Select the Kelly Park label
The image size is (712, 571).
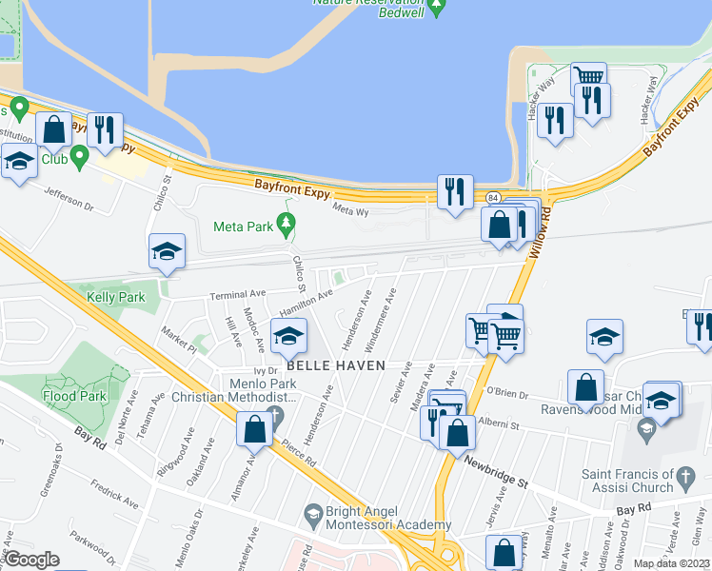click(115, 297)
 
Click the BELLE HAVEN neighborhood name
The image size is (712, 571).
click(336, 365)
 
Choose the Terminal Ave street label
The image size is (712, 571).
click(238, 295)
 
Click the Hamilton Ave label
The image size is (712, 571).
click(306, 304)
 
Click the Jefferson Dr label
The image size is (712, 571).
click(70, 198)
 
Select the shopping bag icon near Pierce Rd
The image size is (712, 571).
click(255, 428)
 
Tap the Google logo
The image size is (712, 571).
click(30, 560)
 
